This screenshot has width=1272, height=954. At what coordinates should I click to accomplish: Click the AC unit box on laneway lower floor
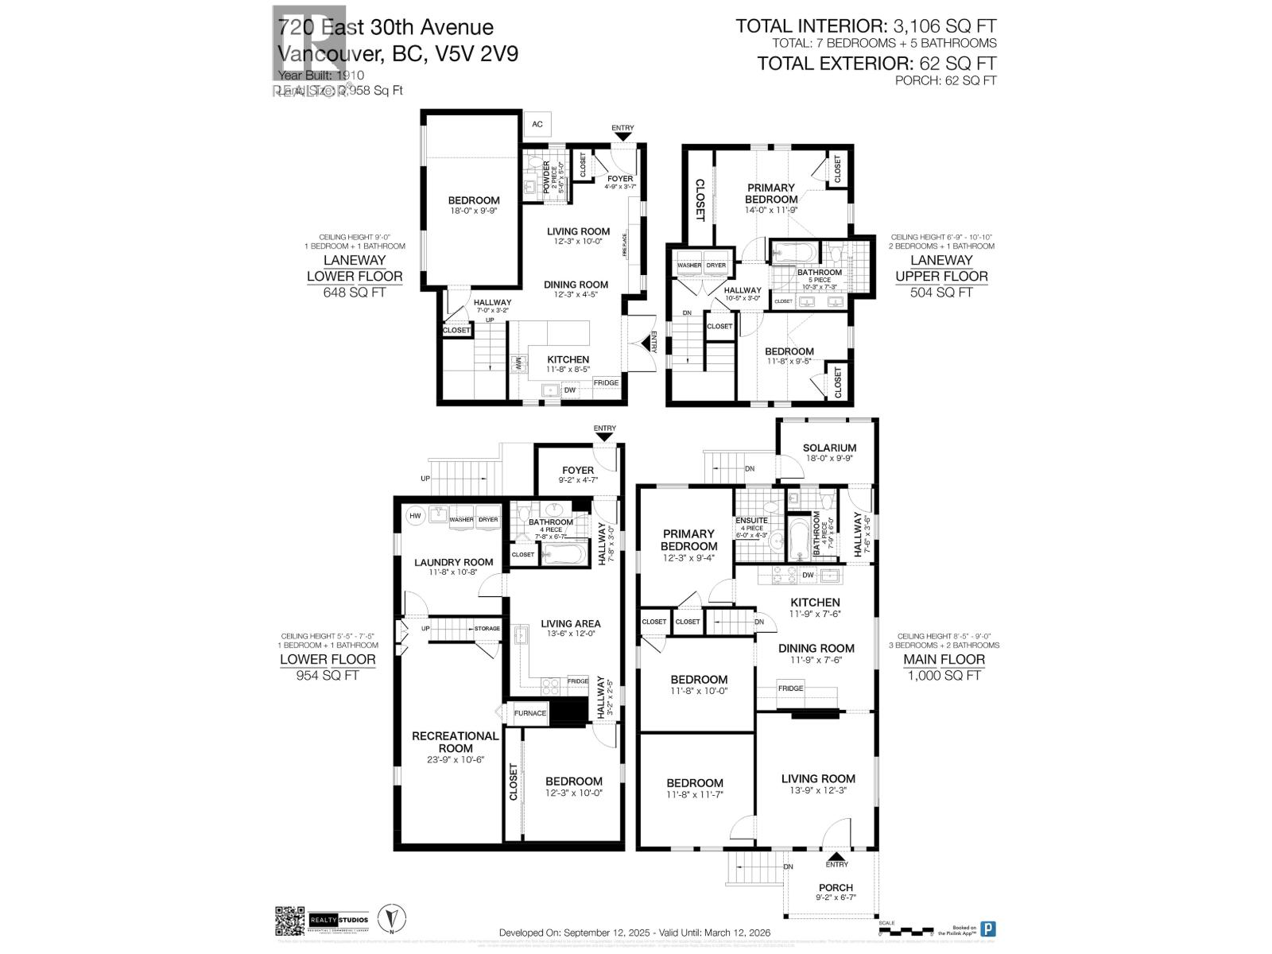coord(537,124)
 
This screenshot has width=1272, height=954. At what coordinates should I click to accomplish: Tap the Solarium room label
coord(829,448)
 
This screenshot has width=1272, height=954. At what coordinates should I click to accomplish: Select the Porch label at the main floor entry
coord(836,887)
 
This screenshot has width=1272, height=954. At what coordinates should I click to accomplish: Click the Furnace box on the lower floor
coord(530,713)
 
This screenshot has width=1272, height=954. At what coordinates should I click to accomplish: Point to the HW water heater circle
coord(415,516)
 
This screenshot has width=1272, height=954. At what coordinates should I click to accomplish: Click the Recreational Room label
coord(456,742)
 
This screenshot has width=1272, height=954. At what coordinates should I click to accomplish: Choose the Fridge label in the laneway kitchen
coord(606,382)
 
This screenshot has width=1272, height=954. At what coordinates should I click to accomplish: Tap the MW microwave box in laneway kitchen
coord(518,363)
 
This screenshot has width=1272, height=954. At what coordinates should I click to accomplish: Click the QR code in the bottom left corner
coord(289,921)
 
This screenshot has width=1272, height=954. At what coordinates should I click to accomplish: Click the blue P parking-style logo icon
coord(988,929)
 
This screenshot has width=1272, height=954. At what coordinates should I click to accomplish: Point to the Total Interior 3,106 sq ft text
coord(866,26)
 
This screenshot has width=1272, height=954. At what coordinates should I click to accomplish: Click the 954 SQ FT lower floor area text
coord(328,675)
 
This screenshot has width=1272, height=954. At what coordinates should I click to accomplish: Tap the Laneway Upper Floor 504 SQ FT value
coord(941,292)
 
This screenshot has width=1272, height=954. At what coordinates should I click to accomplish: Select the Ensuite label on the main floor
coord(751,521)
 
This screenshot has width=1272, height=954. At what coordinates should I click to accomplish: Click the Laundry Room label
coord(453,562)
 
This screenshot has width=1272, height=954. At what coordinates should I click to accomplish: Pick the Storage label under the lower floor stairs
coord(487,628)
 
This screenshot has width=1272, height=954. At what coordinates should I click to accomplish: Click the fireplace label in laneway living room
coord(625,243)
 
